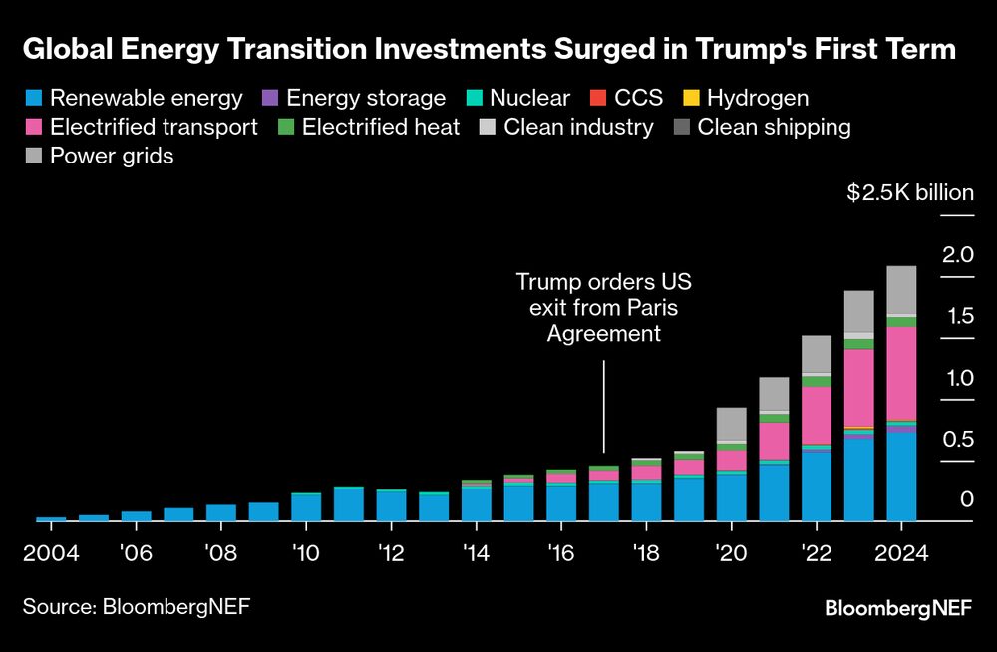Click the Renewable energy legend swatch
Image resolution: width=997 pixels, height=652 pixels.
click(34, 98)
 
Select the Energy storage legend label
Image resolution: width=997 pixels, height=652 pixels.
click(366, 98)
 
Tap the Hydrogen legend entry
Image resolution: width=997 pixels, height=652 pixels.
click(758, 98)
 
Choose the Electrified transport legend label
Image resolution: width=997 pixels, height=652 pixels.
click(154, 127)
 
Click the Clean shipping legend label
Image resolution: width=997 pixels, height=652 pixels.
click(774, 127)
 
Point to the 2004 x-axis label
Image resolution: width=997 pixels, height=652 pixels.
click(51, 554)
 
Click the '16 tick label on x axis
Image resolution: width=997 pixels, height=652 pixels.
click(560, 554)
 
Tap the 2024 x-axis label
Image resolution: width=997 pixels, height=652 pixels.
click(901, 554)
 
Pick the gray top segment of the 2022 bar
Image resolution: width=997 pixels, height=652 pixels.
click(817, 354)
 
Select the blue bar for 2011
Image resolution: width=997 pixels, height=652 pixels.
click(348, 504)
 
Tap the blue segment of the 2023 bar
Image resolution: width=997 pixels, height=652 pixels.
click(859, 480)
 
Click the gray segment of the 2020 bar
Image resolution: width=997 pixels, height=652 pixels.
click(732, 424)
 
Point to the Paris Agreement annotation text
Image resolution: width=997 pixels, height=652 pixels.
click(604, 308)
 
